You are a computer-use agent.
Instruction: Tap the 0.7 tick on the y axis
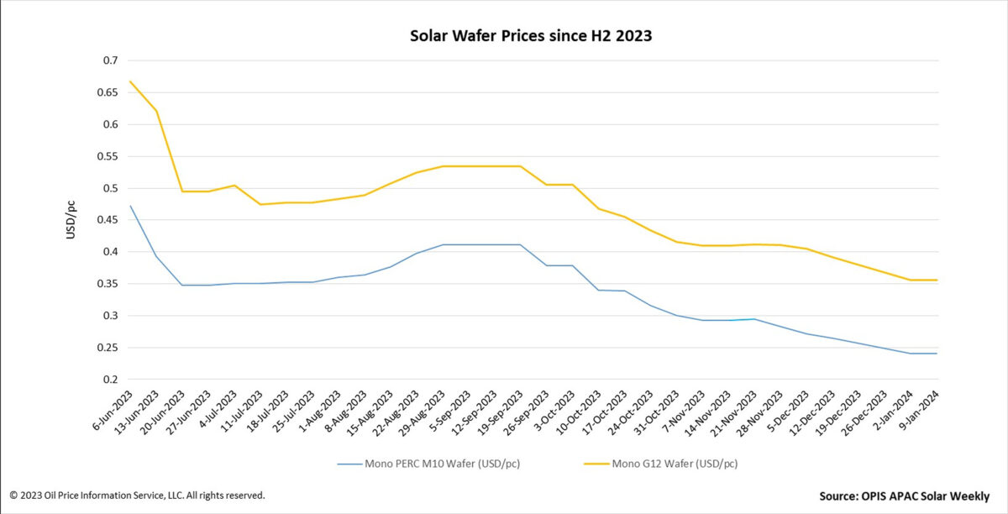(x=110, y=61)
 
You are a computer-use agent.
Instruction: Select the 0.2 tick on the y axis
(x=110, y=380)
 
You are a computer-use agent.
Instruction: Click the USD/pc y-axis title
(x=72, y=220)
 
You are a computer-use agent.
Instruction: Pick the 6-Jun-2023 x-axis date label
(x=113, y=411)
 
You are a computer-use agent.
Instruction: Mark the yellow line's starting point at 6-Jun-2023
(x=130, y=81)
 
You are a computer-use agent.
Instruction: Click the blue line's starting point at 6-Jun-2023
(x=130, y=206)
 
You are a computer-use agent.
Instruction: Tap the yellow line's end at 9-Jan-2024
(x=937, y=280)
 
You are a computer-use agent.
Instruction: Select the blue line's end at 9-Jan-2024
(x=937, y=354)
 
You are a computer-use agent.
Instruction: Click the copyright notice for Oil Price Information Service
(x=137, y=496)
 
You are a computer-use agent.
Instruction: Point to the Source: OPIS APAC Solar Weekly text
(x=904, y=496)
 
